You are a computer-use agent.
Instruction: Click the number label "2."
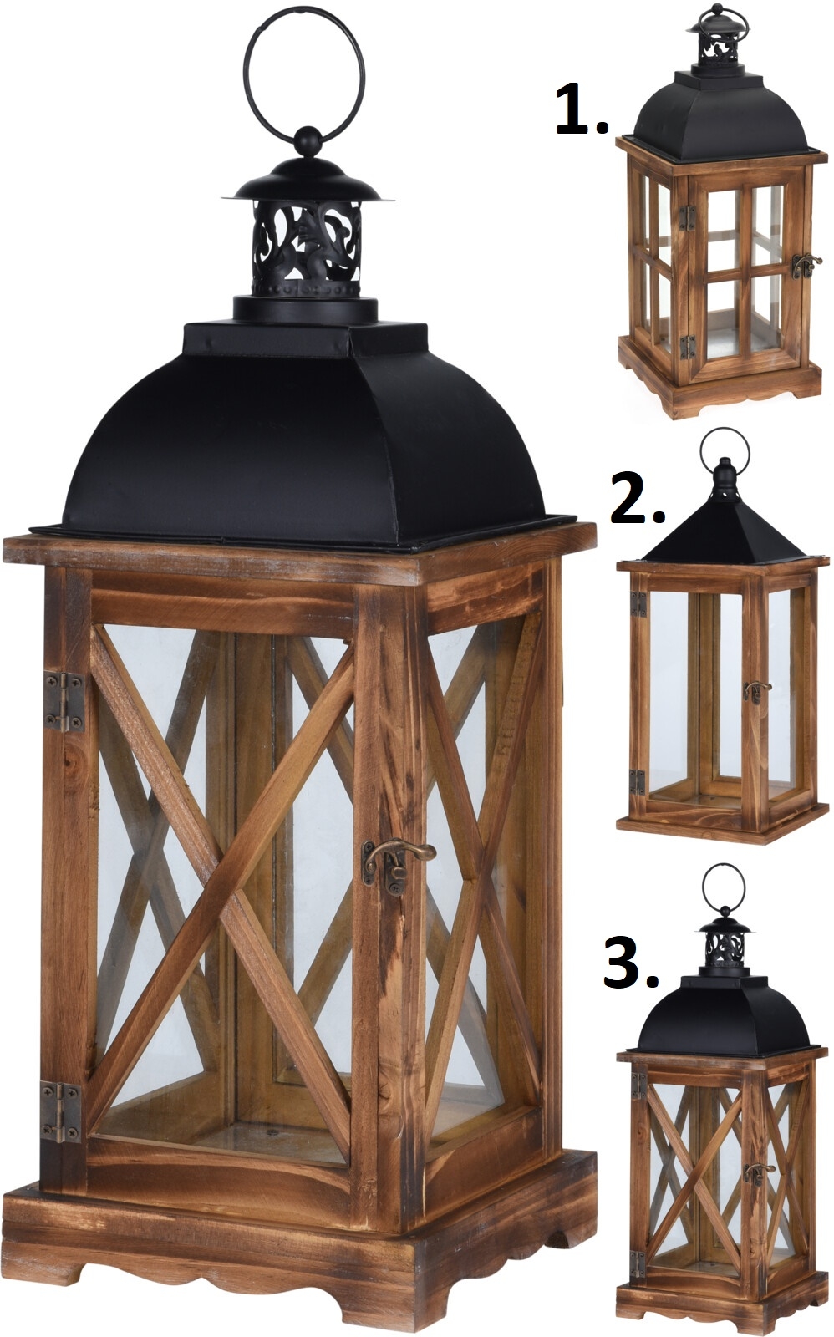(638, 500)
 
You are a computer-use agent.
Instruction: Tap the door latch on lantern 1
(806, 264)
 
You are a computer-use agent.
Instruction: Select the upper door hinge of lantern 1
(689, 216)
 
